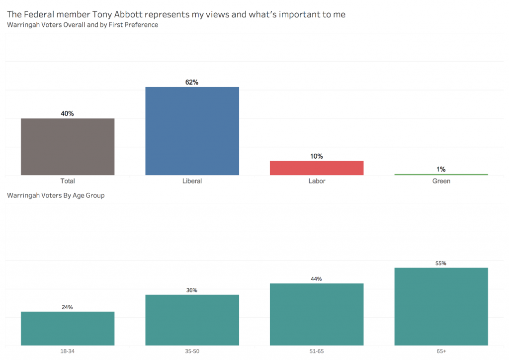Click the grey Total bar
click(68, 147)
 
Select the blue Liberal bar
click(192, 131)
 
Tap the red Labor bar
click(317, 168)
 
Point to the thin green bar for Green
click(441, 175)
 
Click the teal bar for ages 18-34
click(68, 328)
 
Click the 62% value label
click(192, 82)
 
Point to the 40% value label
click(68, 113)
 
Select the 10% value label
click(317, 156)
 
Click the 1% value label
click(441, 169)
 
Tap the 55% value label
click(441, 263)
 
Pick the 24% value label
click(68, 307)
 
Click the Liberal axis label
click(192, 181)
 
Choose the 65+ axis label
click(441, 352)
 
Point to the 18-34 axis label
click(68, 352)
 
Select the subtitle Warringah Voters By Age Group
click(56, 195)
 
